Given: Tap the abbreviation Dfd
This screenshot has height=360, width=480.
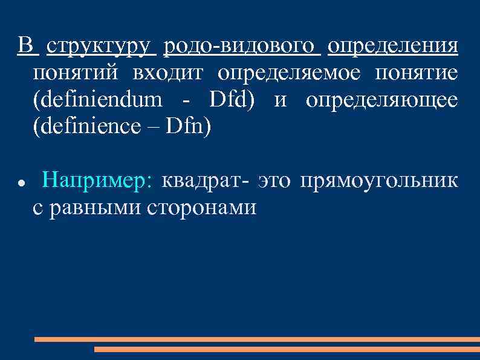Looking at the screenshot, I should pyautogui.click(x=229, y=100).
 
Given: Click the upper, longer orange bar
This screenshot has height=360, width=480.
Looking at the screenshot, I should pyautogui.click(x=255, y=339).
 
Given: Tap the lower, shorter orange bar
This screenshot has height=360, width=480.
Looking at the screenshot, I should pyautogui.click(x=285, y=349).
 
